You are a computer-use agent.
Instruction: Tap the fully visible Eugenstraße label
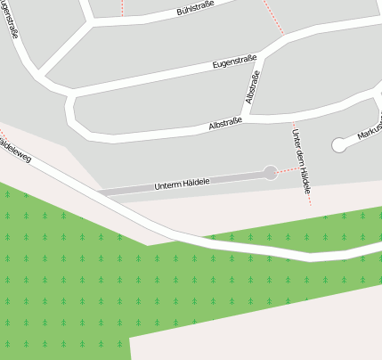tap(235, 62)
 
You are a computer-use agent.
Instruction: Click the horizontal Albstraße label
tap(225, 124)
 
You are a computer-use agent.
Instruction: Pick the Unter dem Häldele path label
tap(302, 161)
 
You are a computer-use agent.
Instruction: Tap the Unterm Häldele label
tap(182, 184)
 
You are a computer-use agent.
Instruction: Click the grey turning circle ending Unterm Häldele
tap(271, 173)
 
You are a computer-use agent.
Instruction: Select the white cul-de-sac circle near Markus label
tap(338, 143)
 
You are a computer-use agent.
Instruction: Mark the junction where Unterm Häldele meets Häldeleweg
tap(100, 193)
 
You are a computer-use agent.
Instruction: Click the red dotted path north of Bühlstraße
tap(123, 7)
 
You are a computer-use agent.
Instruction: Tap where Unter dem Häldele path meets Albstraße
tap(294, 115)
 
